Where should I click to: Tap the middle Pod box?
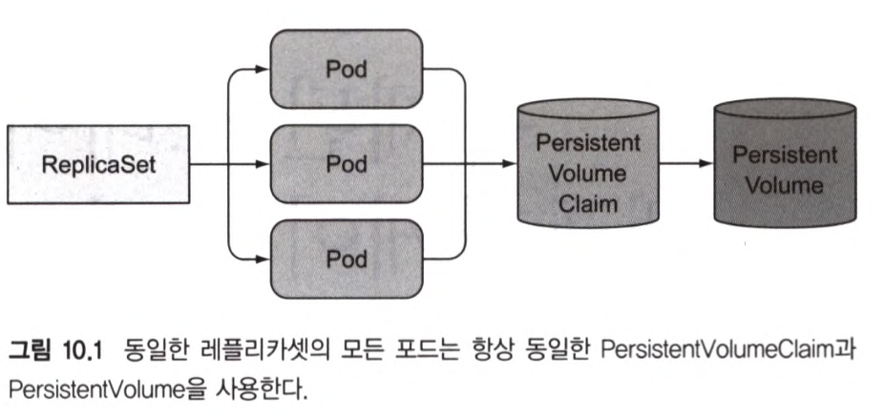coord(347,163)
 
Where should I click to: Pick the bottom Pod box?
coord(347,258)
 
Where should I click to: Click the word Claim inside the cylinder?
coord(589,202)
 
